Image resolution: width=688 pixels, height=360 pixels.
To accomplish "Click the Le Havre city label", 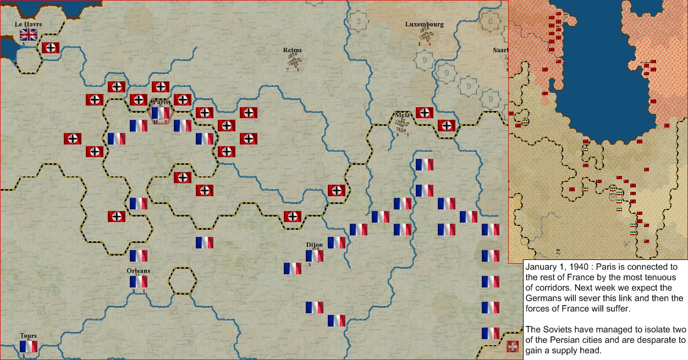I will click(28, 24).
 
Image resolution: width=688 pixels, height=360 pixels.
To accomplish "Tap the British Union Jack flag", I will click(29, 35).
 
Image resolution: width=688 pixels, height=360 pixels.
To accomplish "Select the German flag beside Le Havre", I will click(51, 48).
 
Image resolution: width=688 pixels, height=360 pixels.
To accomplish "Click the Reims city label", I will click(292, 50).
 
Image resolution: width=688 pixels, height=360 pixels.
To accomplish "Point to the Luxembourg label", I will click(424, 24).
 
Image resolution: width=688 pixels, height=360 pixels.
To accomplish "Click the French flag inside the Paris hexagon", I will click(161, 113).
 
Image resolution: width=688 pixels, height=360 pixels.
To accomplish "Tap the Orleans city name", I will click(138, 270).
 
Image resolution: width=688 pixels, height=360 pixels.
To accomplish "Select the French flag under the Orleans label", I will click(139, 281).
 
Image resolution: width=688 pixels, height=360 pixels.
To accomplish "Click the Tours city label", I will click(28, 336).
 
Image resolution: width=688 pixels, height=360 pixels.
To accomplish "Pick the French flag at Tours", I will click(29, 346).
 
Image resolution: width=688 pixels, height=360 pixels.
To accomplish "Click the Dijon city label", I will click(314, 245).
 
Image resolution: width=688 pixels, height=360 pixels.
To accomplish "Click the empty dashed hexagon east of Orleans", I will click(182, 281).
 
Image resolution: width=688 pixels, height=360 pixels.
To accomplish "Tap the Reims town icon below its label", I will click(295, 61).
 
